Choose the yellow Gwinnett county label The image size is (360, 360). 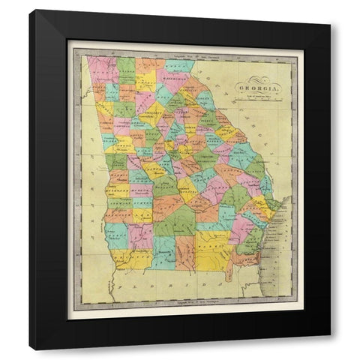[150, 112]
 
